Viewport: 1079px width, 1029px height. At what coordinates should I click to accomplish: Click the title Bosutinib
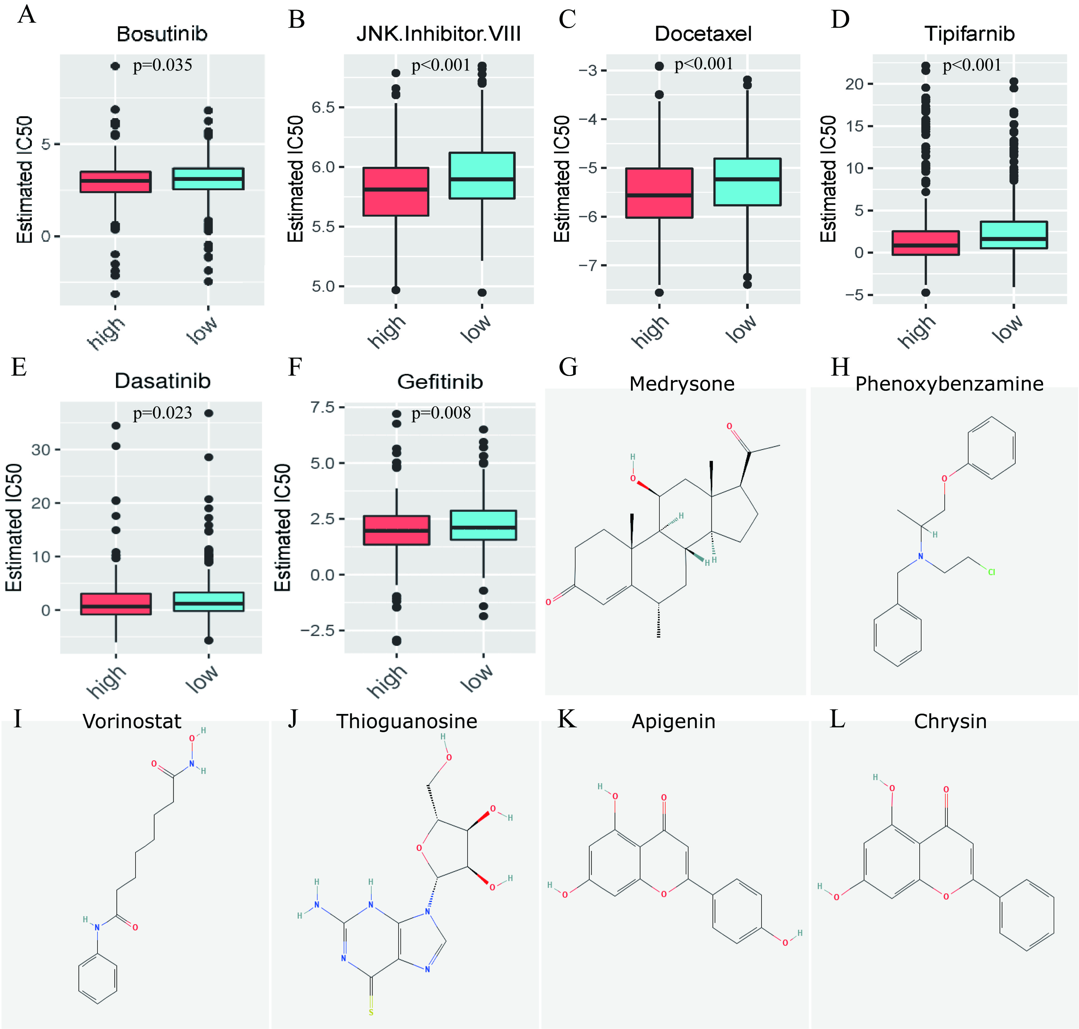tap(162, 34)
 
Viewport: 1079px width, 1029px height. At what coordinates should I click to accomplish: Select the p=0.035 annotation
tap(162, 65)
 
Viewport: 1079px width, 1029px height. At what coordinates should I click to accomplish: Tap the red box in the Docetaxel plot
tap(659, 193)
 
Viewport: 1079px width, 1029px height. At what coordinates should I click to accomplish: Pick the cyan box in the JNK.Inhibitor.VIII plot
tap(482, 176)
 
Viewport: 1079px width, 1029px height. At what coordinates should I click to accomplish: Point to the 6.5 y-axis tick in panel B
tap(323, 107)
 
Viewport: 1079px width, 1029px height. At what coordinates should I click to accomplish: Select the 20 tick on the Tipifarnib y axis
tap(855, 84)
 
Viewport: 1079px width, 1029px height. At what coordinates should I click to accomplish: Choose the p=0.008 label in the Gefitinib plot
tap(441, 413)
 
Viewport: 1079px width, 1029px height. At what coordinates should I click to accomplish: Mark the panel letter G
tap(568, 367)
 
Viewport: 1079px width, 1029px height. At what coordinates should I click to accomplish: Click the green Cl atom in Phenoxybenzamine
tap(991, 572)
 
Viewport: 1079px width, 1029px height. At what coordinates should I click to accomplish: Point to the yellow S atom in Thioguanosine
tap(371, 1012)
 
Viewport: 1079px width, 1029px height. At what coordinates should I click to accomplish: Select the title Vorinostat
tap(132, 721)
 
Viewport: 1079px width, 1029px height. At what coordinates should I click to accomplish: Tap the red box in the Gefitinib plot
tap(396, 530)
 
